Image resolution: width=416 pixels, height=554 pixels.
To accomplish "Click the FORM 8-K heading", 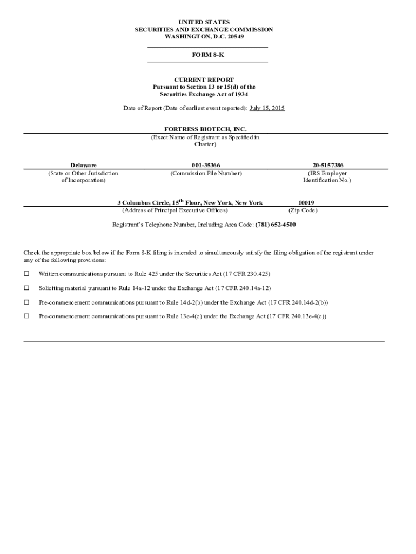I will pos(207,55).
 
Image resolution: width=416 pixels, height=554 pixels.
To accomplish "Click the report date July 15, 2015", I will pos(267,108).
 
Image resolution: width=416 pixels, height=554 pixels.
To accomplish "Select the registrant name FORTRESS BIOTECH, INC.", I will pos(205,130).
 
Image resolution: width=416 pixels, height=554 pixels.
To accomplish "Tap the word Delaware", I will pos(84,165).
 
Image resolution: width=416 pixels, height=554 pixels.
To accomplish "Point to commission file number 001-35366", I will pos(206,165).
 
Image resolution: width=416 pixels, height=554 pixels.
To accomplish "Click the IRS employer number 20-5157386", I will pos(327,165).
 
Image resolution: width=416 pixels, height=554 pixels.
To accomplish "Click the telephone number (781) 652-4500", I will pos(276,224).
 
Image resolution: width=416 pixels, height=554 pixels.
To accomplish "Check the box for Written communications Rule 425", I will pos(26,274).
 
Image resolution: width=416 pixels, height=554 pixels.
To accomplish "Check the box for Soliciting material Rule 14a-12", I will pos(26,288).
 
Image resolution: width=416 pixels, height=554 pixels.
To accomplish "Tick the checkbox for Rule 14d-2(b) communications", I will pos(26,302).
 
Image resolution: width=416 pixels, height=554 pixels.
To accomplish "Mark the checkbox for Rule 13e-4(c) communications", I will pos(26,316).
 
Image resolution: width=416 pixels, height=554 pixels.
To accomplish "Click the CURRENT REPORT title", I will pos(204,80).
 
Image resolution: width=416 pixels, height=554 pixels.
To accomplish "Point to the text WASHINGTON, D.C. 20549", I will pos(204,36).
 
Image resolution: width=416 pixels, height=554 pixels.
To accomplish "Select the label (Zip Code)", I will pos(303,210).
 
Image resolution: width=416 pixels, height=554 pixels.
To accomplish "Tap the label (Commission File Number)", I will pos(206,173).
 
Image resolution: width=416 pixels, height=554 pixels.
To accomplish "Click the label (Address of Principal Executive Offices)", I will pos(175,210).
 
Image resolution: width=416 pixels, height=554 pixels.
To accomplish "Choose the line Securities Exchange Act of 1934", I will pos(204,94).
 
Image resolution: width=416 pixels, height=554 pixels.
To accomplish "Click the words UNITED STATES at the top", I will pos(204,22).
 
